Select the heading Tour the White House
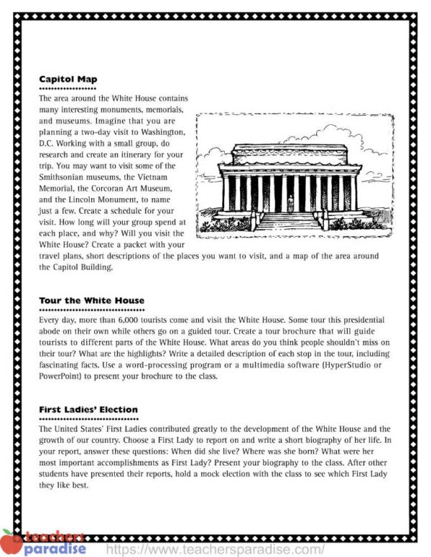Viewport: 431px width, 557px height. coord(91,300)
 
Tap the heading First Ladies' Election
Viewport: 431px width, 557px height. coord(88,410)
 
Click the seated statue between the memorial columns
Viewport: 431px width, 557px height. coord(290,204)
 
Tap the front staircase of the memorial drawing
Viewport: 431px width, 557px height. coord(290,221)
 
